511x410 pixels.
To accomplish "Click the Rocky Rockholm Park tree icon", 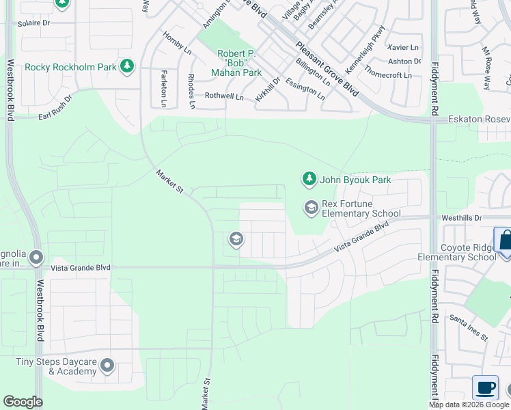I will [126, 66].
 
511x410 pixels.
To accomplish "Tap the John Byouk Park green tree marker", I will [309, 179].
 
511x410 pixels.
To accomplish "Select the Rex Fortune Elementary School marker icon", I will [312, 208].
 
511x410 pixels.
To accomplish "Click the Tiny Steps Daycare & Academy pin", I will [107, 366].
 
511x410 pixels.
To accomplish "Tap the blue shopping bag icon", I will [505, 242].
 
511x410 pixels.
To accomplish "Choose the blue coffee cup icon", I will [485, 387].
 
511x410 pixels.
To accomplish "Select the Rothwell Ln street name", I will [224, 97].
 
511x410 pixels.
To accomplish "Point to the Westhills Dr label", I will [462, 217].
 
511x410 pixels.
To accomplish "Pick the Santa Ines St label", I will [468, 327].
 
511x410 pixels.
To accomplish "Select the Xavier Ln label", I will [402, 47].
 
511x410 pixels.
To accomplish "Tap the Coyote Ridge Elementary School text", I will [458, 252].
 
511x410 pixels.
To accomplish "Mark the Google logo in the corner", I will [23, 402].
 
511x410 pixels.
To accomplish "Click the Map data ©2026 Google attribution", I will [469, 405].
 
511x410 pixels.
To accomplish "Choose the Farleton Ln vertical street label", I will [163, 89].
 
